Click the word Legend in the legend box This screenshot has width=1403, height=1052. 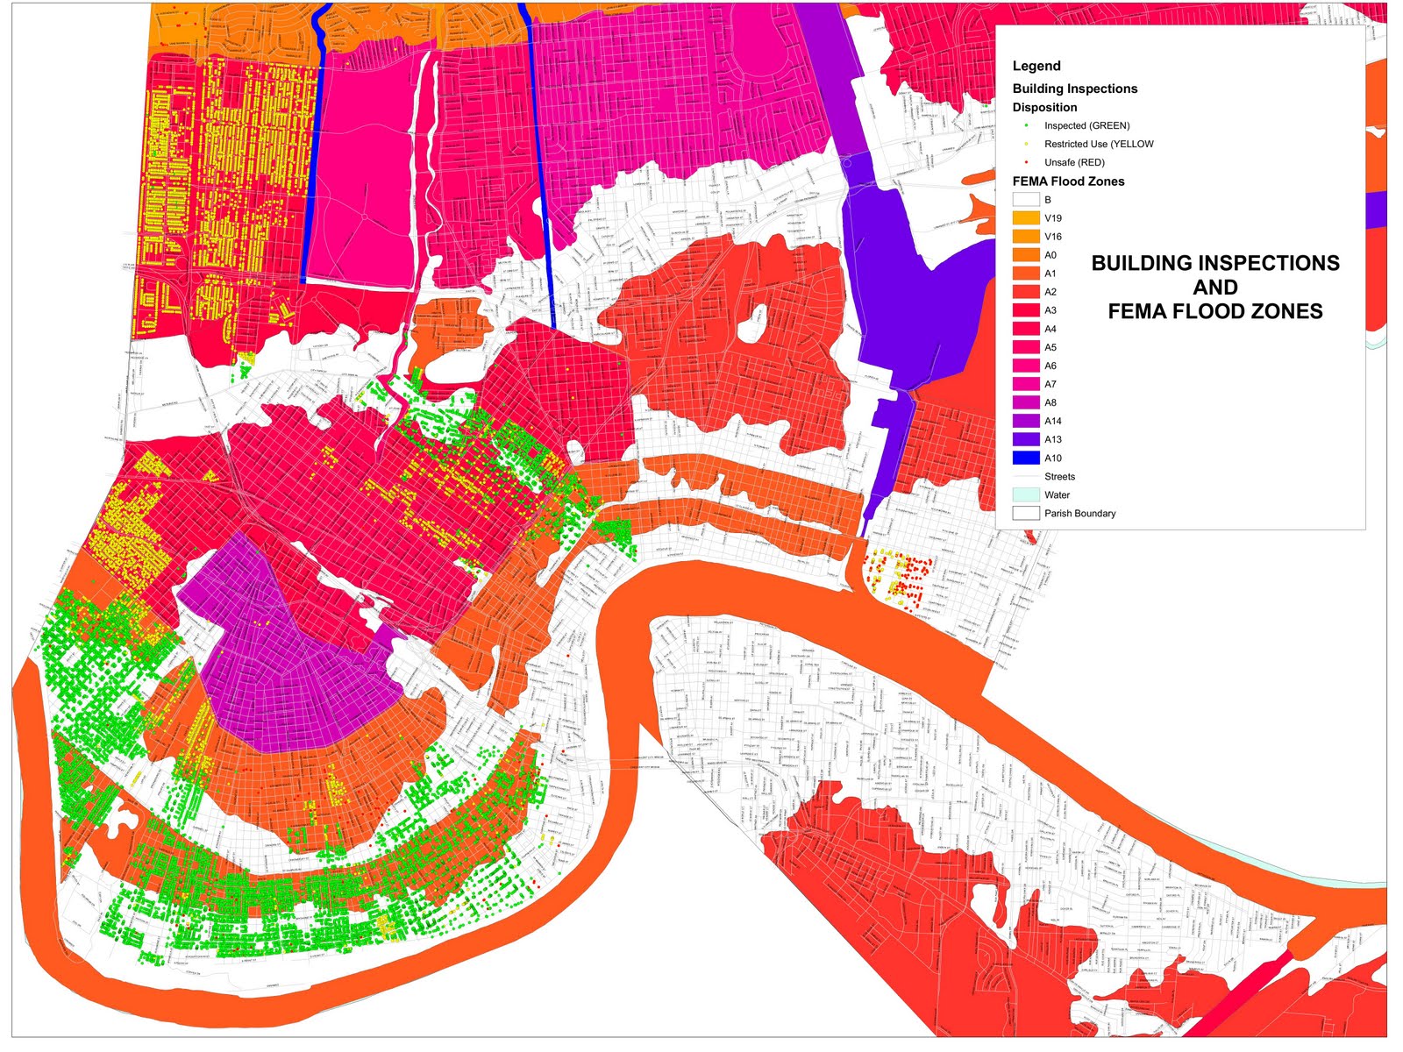pyautogui.click(x=1036, y=66)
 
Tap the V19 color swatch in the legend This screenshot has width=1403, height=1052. pyautogui.click(x=1025, y=218)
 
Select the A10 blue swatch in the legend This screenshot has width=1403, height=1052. pyautogui.click(x=1025, y=458)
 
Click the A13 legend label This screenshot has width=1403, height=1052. pyautogui.click(x=1052, y=439)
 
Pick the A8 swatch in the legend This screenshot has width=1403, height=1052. pyautogui.click(x=1025, y=402)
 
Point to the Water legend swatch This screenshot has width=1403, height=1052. pyautogui.click(x=1025, y=494)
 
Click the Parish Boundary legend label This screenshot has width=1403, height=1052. pyautogui.click(x=1079, y=513)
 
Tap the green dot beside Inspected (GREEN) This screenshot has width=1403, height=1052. pyautogui.click(x=1026, y=125)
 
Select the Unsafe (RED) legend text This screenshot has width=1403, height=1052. pyautogui.click(x=1074, y=162)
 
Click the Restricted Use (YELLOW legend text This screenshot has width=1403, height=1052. pyautogui.click(x=1099, y=144)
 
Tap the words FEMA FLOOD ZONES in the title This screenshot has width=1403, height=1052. pyautogui.click(x=1214, y=311)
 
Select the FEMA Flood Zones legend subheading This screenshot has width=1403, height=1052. pyautogui.click(x=1068, y=181)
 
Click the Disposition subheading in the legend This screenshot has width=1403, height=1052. pyautogui.click(x=1044, y=107)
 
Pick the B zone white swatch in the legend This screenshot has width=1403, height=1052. pyautogui.click(x=1025, y=200)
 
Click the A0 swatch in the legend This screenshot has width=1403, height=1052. pyautogui.click(x=1025, y=255)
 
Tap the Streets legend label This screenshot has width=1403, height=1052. pyautogui.click(x=1059, y=476)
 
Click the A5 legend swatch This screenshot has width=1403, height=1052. pyautogui.click(x=1025, y=347)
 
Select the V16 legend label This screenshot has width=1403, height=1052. pyautogui.click(x=1052, y=237)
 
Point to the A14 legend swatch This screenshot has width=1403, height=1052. pyautogui.click(x=1025, y=421)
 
